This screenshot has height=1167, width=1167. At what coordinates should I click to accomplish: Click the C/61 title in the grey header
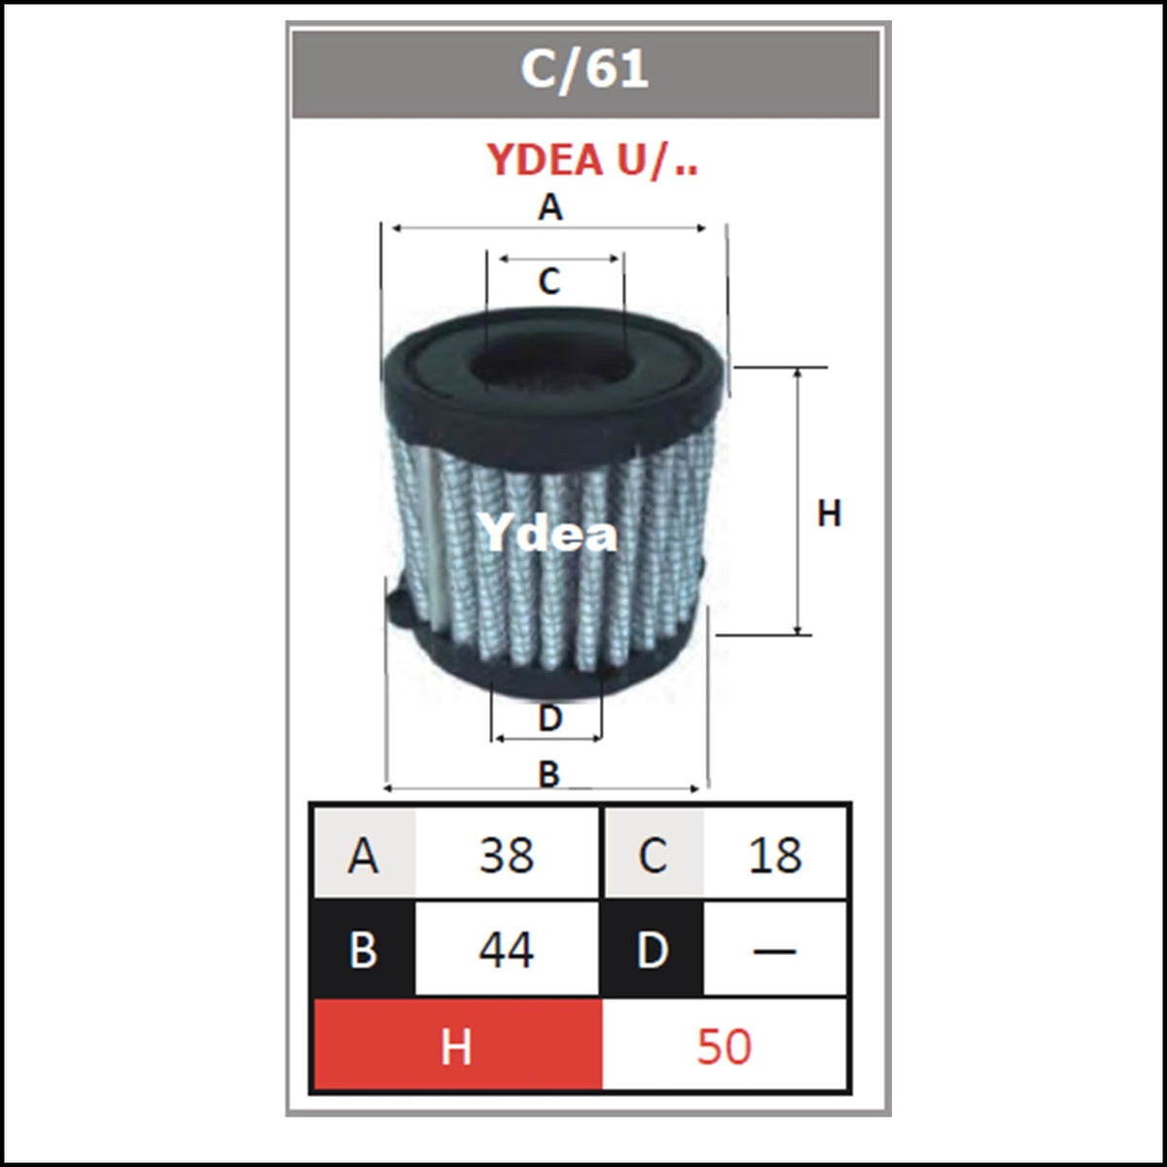(584, 70)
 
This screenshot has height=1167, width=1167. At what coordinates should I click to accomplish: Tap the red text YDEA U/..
(593, 160)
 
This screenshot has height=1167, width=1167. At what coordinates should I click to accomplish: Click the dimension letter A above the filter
(549, 208)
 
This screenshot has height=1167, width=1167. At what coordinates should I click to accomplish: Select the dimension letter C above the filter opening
(549, 282)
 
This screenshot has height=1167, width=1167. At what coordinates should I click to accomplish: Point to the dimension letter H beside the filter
(830, 513)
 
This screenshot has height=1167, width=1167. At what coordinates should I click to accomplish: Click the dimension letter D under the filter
(549, 719)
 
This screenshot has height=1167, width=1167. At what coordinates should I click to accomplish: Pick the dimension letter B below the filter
(548, 774)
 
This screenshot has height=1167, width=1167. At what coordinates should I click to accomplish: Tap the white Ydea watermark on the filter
(548, 532)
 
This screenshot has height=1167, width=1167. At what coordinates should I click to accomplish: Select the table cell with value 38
(507, 855)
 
